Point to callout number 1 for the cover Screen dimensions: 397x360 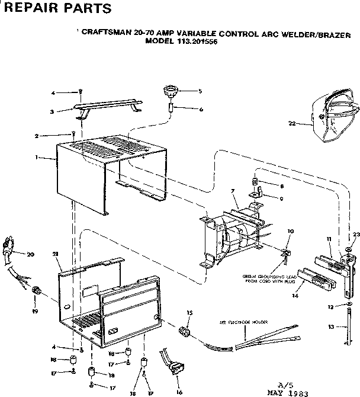pos(37,158)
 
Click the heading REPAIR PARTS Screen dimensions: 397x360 pos(54,8)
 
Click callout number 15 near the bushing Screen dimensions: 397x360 pos(189,312)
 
